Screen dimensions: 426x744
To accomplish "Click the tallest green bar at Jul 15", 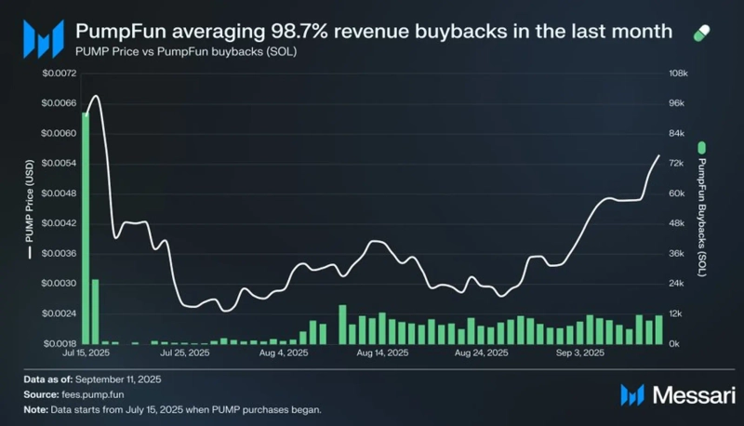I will pyautogui.click(x=86, y=228).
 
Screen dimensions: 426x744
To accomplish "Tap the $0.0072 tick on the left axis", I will pyautogui.click(x=60, y=73).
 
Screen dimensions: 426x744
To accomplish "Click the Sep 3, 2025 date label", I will pyautogui.click(x=579, y=353).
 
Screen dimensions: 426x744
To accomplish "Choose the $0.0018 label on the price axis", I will pyautogui.click(x=60, y=343).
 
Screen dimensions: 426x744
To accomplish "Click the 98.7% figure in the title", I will pyautogui.click(x=321, y=32).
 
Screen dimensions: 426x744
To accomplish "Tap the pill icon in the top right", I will pyautogui.click(x=706, y=33).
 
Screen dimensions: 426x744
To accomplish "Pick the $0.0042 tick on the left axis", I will pyautogui.click(x=60, y=223).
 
